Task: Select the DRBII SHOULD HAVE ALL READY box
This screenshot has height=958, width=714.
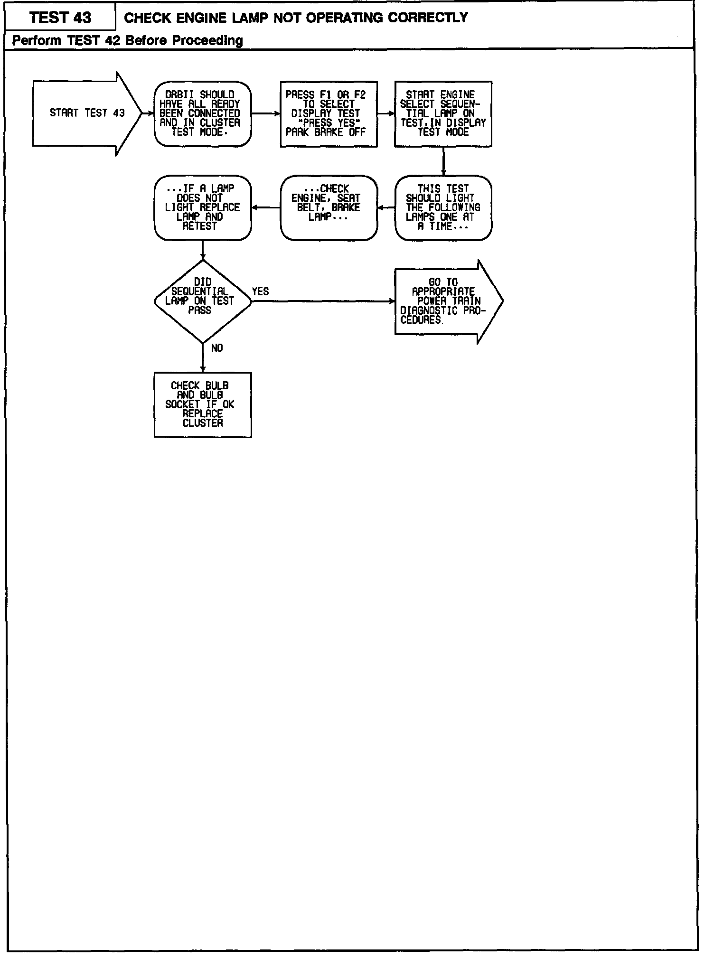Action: pos(203,113)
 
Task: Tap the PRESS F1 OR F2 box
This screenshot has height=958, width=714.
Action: pos(329,114)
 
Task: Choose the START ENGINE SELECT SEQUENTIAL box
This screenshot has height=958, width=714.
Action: pos(443,114)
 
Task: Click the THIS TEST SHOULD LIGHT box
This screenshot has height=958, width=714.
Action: pos(443,207)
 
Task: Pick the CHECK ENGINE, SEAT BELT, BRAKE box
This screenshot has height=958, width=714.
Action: pos(329,207)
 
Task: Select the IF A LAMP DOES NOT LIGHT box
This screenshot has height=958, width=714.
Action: pos(203,207)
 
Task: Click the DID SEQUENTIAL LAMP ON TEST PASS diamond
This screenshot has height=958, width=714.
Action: pos(203,301)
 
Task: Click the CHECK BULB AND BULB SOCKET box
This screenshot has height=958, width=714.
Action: pos(203,404)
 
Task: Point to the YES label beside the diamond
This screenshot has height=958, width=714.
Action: pos(260,291)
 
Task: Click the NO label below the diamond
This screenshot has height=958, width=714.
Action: pos(217,348)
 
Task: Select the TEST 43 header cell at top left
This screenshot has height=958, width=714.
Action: pos(60,18)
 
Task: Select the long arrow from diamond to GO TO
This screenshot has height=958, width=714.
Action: pos(323,301)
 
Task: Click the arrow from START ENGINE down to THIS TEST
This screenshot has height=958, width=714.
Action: pos(443,161)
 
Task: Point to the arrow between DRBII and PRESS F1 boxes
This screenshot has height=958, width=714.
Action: pos(266,114)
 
